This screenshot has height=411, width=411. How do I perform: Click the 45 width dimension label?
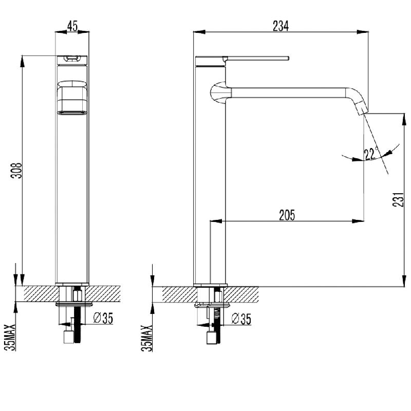[x=72, y=26]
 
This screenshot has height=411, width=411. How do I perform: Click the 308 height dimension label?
[x=16, y=171]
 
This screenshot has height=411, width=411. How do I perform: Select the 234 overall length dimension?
[x=281, y=26]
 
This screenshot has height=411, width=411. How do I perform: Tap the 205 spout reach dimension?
[x=287, y=215]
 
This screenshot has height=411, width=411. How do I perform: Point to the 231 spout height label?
[x=399, y=199]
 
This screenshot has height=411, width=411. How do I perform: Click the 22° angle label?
[x=371, y=154]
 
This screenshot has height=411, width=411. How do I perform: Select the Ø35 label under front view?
[x=103, y=318]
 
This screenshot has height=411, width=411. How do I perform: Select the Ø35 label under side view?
[x=241, y=319]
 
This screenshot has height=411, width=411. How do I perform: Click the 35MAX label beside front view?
[x=10, y=337]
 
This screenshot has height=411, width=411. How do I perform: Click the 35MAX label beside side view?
[x=147, y=338]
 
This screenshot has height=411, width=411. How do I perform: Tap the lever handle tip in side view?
[x=288, y=58]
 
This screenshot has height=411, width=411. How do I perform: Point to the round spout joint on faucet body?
[x=218, y=93]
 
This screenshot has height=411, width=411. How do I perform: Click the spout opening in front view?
[x=72, y=113]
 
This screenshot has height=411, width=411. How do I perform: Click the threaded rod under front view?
[x=78, y=328]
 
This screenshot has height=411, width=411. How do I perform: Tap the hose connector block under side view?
[x=212, y=338]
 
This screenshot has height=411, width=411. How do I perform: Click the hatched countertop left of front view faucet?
[x=41, y=294]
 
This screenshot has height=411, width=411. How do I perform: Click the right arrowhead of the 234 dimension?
[x=363, y=32]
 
